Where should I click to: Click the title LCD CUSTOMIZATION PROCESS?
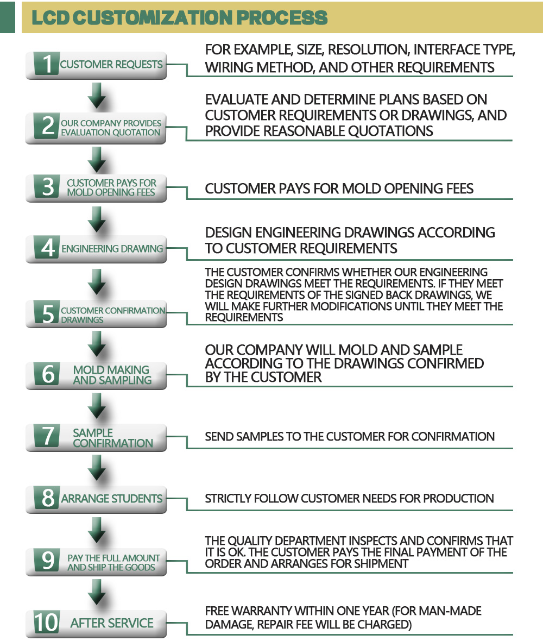click(x=179, y=17)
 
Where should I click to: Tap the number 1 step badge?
click(x=47, y=64)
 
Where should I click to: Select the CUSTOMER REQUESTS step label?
click(x=111, y=65)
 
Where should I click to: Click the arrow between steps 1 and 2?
click(x=97, y=96)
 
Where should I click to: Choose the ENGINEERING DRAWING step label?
click(x=112, y=249)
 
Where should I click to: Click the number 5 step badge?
click(x=47, y=313)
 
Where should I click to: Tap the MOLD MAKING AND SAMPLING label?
click(x=112, y=375)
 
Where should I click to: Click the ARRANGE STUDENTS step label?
click(x=111, y=499)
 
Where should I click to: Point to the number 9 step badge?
click(x=47, y=560)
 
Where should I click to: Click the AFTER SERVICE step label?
click(x=112, y=623)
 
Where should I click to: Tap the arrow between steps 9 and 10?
click(x=97, y=592)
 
